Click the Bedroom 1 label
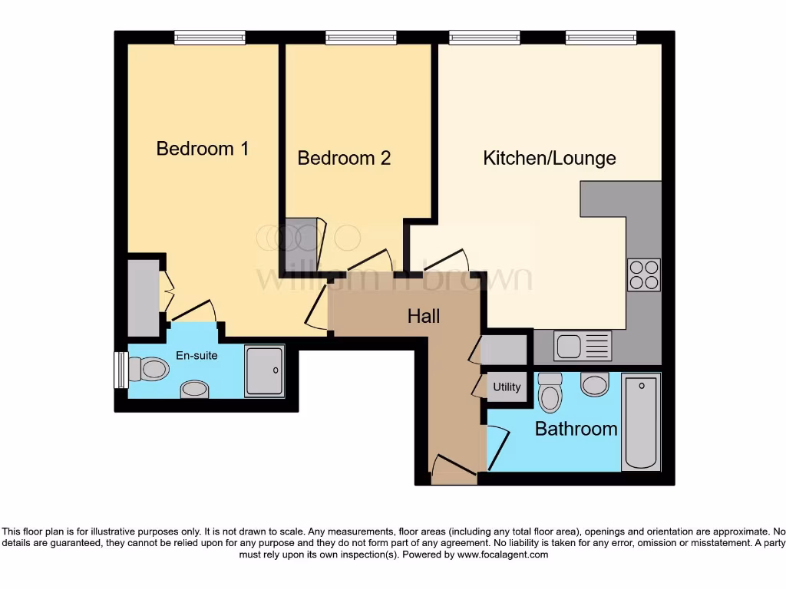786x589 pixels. (x=202, y=148)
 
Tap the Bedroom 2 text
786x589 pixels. (x=344, y=158)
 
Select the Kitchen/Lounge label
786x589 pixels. (x=549, y=158)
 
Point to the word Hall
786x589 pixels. (x=424, y=315)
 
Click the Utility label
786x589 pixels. (x=507, y=387)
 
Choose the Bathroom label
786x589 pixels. (x=576, y=429)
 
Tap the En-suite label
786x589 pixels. (x=196, y=355)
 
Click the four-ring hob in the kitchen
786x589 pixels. (x=643, y=275)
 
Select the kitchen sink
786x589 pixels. (x=583, y=346)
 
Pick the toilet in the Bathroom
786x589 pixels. (x=550, y=393)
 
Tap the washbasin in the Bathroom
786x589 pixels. (x=594, y=383)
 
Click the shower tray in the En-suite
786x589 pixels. (x=264, y=370)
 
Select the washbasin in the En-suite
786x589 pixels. (x=194, y=390)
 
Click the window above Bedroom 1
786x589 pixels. (x=210, y=37)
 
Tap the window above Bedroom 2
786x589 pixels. (x=361, y=37)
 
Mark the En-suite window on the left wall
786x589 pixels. (x=120, y=370)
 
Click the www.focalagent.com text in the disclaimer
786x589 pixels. (x=504, y=554)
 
